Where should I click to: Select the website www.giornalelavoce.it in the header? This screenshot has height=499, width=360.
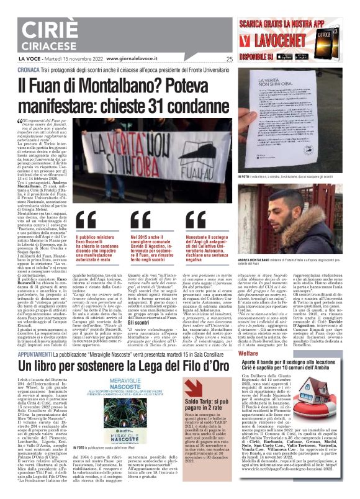point(135,59)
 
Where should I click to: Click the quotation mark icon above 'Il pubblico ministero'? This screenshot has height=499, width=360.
point(87,222)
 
